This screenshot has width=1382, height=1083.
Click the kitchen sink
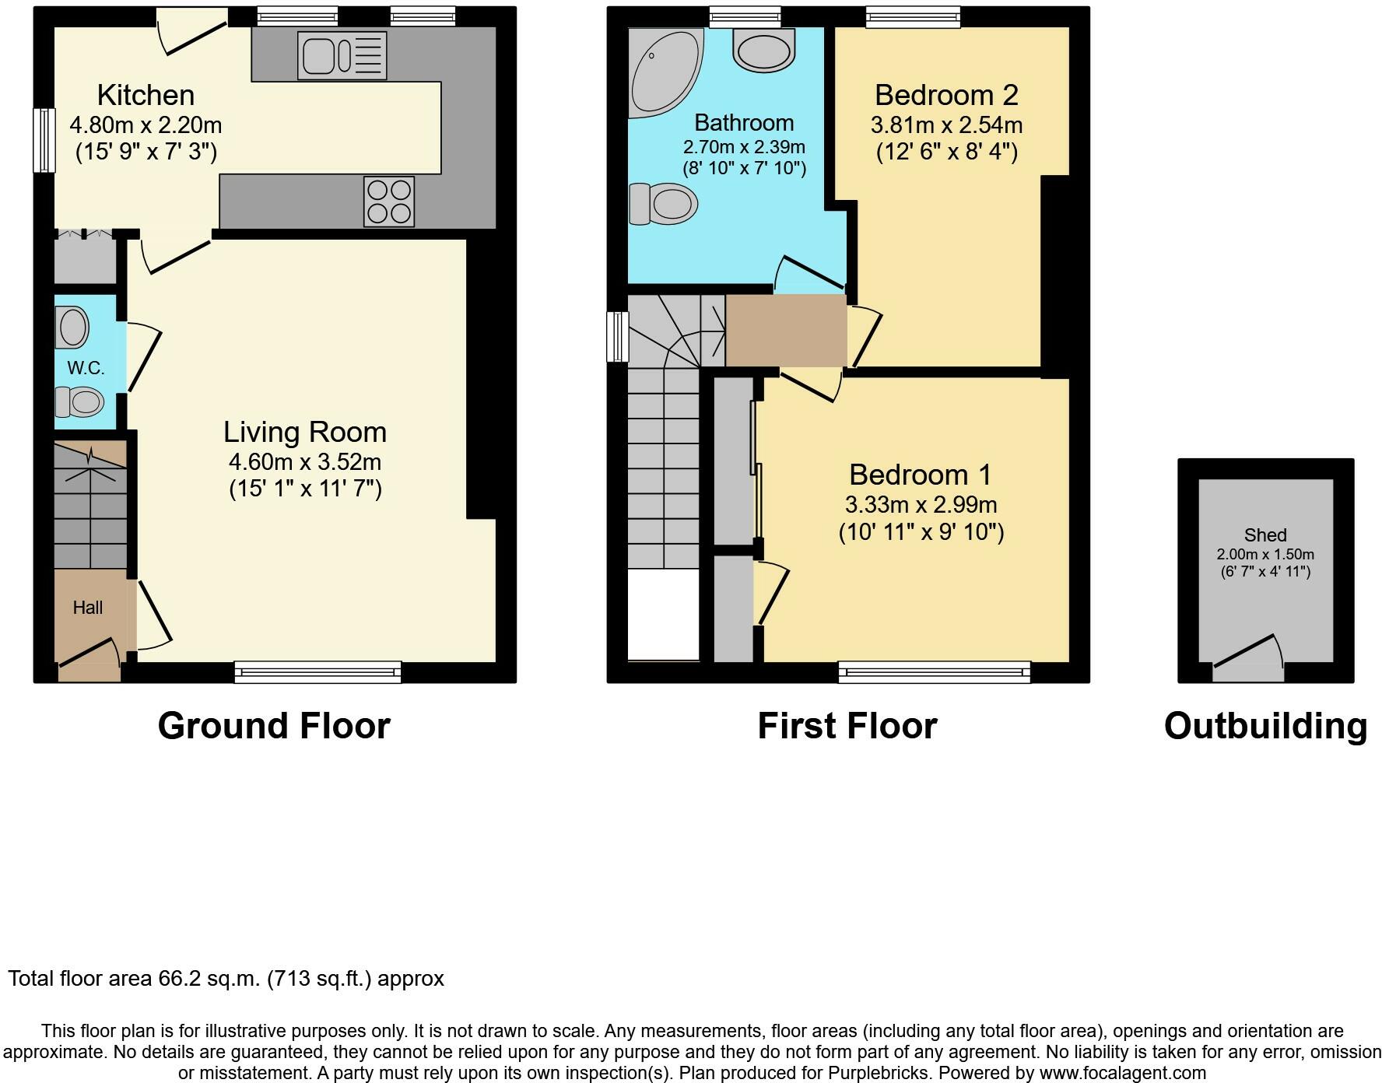pos(342,55)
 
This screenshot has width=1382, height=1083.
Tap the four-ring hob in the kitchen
pos(389,202)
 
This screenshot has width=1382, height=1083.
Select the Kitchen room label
pos(146,95)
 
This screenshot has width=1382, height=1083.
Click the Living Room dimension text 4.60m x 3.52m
pos(305,462)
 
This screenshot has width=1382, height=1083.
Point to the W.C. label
pos(86,368)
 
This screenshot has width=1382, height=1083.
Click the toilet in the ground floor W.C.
pos(79,402)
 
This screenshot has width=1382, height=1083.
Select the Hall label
pos(88,608)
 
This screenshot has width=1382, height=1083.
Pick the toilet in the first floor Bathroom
pos(663,204)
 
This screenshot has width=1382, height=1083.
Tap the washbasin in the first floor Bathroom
pos(763,51)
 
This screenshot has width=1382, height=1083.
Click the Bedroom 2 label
pos(946,95)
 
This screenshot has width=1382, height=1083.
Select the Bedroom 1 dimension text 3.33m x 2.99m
pos(921,505)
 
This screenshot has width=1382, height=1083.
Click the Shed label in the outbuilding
pos(1265,535)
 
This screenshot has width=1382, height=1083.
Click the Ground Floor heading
pos(274,726)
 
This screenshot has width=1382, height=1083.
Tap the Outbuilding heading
pos(1265,726)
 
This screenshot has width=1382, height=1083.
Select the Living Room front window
pos(317,672)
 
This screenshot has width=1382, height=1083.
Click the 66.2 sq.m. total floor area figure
pos(209,979)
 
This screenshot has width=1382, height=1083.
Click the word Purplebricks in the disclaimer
pos(883,1074)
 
